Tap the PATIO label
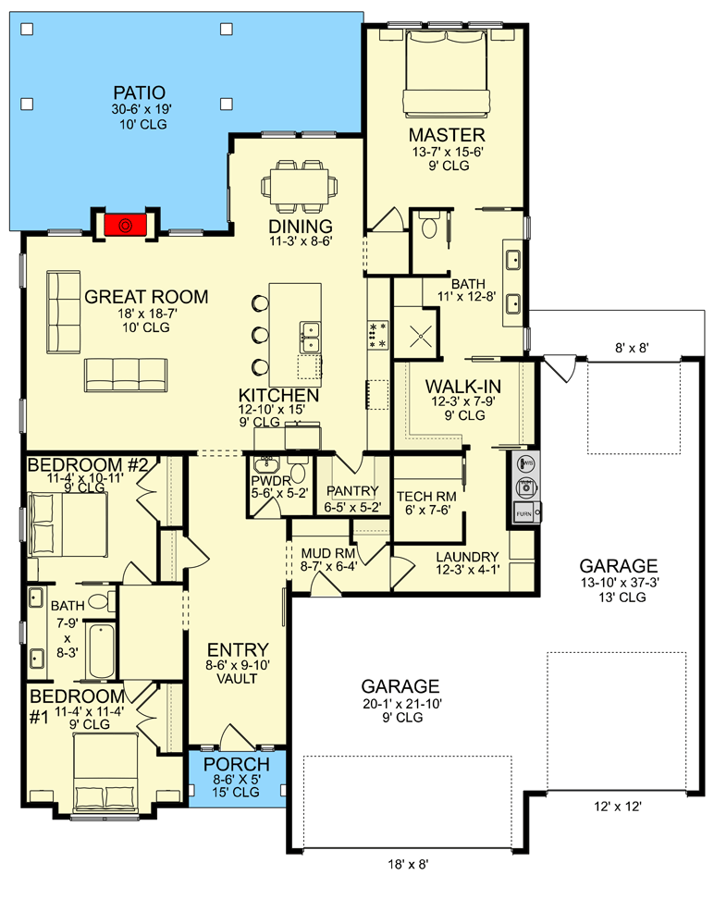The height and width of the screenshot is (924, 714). (x=140, y=92)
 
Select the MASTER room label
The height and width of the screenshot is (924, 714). (x=447, y=135)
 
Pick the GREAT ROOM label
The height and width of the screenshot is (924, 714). (x=146, y=297)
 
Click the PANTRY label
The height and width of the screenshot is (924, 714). (x=351, y=491)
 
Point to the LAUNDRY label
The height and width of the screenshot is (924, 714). (x=467, y=557)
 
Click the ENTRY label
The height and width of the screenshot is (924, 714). (x=239, y=649)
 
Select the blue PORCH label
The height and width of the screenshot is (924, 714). (x=237, y=765)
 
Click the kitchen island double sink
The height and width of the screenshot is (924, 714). (x=310, y=337)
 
